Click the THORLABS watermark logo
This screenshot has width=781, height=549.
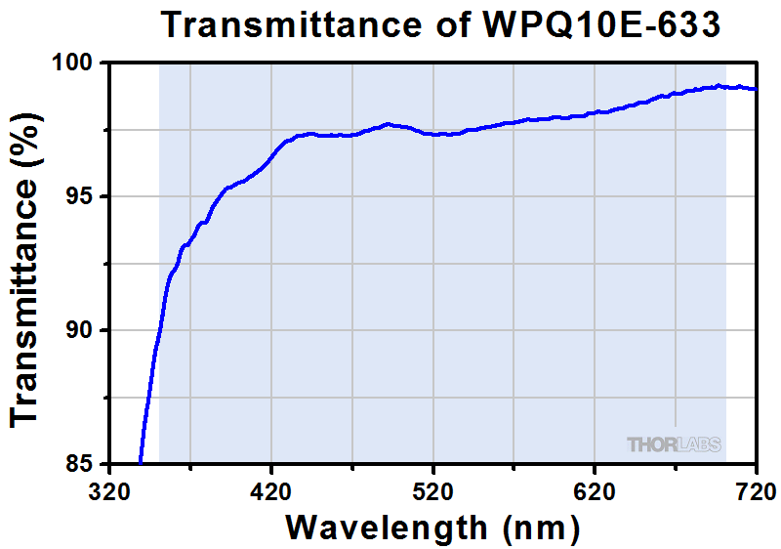(674, 445)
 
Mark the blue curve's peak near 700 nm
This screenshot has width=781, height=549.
(719, 86)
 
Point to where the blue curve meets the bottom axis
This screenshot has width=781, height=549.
(141, 462)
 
